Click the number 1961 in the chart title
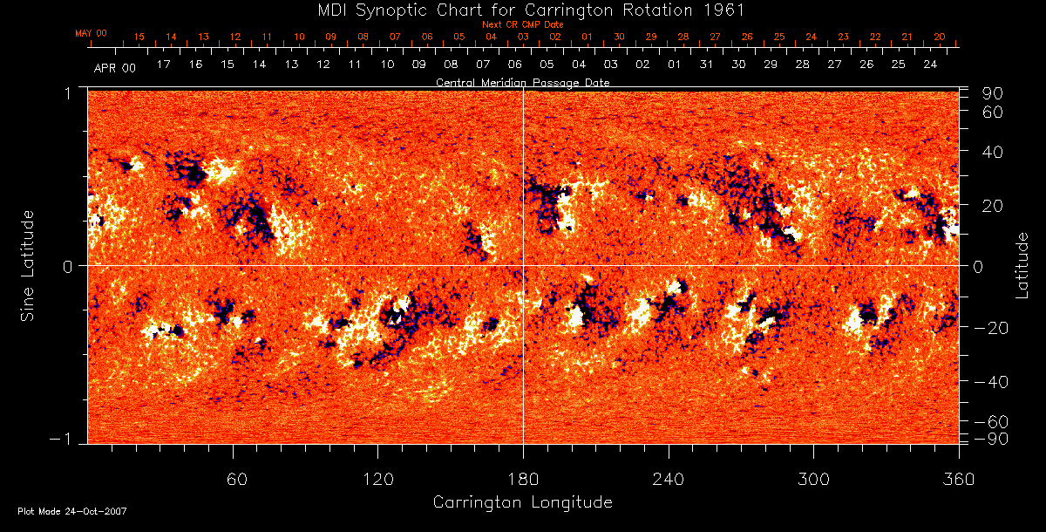728,10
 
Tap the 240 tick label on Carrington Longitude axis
668,480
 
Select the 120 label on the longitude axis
377,480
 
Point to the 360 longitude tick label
958,480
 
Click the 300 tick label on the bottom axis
813,480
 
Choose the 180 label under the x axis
523,480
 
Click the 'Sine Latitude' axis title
28,265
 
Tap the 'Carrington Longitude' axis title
522,502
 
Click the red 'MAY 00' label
91,33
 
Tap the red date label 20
939,38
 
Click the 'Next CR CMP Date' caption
523,24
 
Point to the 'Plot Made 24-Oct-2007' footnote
72,511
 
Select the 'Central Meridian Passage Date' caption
522,83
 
